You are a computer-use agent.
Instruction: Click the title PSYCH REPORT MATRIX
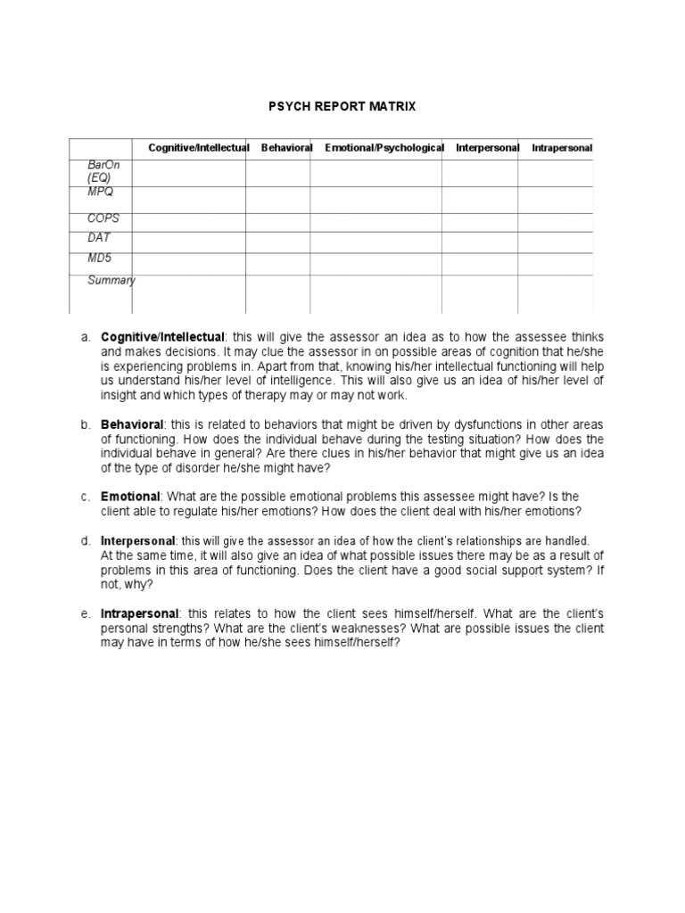[342, 107]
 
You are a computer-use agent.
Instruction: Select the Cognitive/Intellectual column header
[198, 147]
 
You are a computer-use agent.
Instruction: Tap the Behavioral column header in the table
[286, 147]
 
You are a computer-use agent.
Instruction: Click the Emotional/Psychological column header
[384, 147]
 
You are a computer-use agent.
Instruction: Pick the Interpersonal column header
[487, 147]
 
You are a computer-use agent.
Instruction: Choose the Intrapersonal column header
[562, 147]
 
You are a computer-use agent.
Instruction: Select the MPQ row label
[100, 192]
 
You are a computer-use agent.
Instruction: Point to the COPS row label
[103, 218]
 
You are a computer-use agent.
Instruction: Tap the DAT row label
[98, 238]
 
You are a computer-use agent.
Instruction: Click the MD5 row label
[99, 259]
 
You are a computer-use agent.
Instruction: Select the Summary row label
[111, 281]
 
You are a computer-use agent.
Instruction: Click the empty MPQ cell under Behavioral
[277, 200]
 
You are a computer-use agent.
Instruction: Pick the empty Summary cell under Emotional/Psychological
[376, 294]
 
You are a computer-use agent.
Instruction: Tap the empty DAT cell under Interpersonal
[479, 243]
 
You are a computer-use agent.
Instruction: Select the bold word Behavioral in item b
[130, 426]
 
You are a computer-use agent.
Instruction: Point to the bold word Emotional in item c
[130, 496]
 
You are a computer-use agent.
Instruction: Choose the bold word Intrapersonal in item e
[140, 614]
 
